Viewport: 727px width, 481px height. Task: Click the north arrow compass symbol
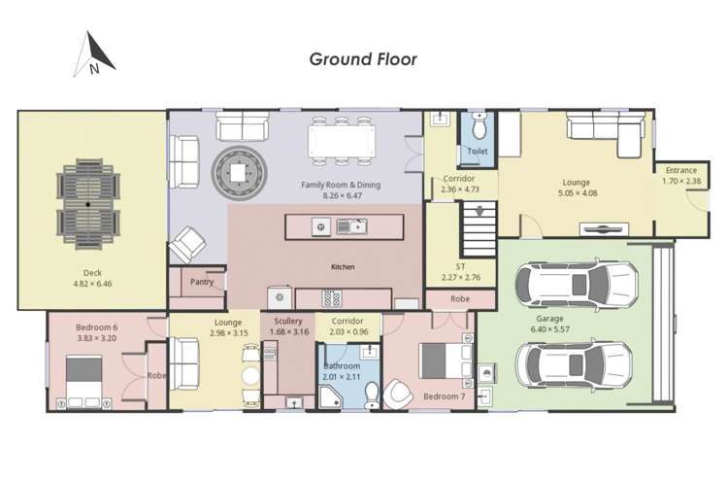point(94,55)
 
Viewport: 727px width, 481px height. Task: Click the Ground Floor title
point(363,59)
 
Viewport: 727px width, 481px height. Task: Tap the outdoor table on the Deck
point(87,205)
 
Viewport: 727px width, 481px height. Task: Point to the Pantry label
point(203,282)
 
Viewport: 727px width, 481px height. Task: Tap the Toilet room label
point(478,152)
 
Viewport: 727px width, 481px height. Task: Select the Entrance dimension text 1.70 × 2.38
point(681,181)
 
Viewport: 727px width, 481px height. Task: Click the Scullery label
point(288,321)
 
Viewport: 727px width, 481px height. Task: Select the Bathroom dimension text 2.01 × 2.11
point(342,377)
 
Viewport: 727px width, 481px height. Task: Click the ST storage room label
point(461,267)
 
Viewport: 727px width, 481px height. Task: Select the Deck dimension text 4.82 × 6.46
point(94,284)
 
